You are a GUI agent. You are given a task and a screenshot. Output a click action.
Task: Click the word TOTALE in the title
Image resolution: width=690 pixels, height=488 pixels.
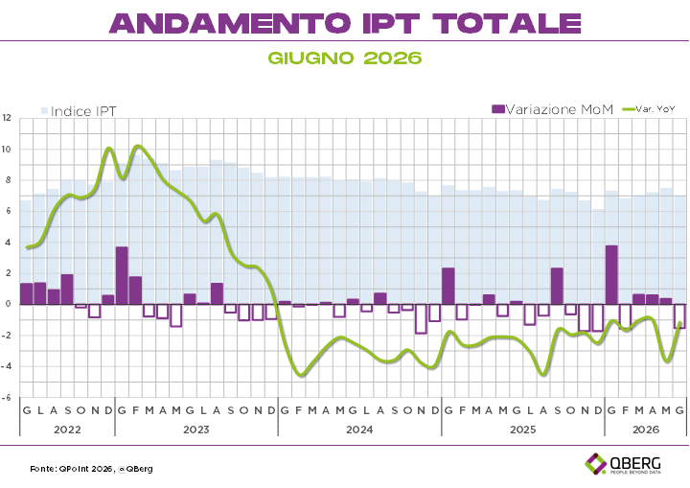pyautogui.click(x=507, y=23)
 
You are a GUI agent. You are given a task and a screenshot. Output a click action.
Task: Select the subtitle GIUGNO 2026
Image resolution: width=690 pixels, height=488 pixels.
pyautogui.click(x=345, y=58)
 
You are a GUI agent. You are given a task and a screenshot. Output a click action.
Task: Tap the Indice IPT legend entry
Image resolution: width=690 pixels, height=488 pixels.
pyautogui.click(x=79, y=111)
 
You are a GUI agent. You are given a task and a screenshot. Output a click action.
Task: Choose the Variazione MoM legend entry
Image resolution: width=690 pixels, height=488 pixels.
pyautogui.click(x=552, y=109)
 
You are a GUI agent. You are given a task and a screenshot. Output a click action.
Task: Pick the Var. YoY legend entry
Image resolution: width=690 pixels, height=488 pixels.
pyautogui.click(x=649, y=108)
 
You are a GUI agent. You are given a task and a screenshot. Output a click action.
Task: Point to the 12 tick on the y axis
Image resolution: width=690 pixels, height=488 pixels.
pyautogui.click(x=6, y=118)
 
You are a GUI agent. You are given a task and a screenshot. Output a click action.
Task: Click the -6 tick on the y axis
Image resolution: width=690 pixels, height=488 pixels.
pyautogui.click(x=6, y=397)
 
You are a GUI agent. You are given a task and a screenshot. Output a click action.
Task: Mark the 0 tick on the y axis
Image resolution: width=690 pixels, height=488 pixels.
pyautogui.click(x=9, y=304)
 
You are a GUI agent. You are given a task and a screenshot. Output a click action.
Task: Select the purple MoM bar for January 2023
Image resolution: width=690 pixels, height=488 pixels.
pyautogui.click(x=122, y=275)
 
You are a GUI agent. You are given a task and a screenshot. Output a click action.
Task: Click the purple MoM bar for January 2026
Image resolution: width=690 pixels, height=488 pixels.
pyautogui.click(x=611, y=275)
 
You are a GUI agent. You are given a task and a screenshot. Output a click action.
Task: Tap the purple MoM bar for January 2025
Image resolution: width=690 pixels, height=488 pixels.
pyautogui.click(x=448, y=286)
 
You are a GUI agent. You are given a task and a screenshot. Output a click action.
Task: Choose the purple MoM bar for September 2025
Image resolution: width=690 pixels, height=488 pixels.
pyautogui.click(x=557, y=286)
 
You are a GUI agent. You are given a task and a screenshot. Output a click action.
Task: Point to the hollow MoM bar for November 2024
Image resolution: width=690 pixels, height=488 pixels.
pyautogui.click(x=421, y=319)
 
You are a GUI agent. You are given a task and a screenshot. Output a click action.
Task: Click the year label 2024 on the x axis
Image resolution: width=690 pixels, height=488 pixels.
pyautogui.click(x=359, y=430)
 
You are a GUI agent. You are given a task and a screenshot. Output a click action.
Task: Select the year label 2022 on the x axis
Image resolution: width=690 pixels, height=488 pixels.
pyautogui.click(x=67, y=430)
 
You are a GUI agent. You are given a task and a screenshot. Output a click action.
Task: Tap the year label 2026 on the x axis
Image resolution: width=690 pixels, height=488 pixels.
pyautogui.click(x=646, y=430)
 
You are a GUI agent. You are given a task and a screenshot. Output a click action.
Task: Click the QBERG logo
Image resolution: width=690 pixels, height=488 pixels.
pyautogui.click(x=623, y=464)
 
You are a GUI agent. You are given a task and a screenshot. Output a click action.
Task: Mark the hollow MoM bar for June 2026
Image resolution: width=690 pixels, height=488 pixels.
pyautogui.click(x=679, y=315)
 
